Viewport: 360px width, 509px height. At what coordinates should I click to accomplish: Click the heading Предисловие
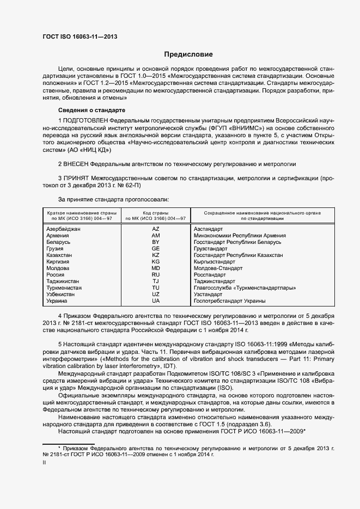188,54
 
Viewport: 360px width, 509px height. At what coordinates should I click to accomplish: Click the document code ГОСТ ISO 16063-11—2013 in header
80,37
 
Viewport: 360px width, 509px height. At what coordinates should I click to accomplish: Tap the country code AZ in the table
156,229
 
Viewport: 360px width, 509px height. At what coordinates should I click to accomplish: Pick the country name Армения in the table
58,236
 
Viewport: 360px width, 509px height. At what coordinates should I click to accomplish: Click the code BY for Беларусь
156,242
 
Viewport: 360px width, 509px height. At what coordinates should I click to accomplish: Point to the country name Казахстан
60,255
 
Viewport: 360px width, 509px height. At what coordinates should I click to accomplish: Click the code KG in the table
156,261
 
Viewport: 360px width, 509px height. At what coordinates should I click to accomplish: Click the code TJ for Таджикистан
156,281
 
